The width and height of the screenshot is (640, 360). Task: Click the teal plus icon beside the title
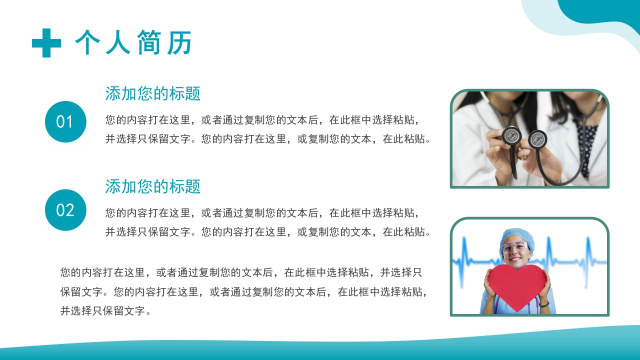46,43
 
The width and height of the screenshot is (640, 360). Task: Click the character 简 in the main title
148,42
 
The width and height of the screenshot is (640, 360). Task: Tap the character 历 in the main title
179,42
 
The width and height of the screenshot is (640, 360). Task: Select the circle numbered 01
65,121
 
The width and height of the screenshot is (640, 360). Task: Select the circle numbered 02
65,210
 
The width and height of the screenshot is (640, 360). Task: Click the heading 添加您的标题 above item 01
152,93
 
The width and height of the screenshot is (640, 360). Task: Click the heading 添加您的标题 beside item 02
152,186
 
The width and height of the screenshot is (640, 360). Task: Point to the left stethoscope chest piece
511,136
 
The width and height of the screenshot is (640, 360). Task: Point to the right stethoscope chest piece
537,139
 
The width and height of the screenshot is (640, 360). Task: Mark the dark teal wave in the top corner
603,13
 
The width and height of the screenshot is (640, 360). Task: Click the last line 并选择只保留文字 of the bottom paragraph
105,311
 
